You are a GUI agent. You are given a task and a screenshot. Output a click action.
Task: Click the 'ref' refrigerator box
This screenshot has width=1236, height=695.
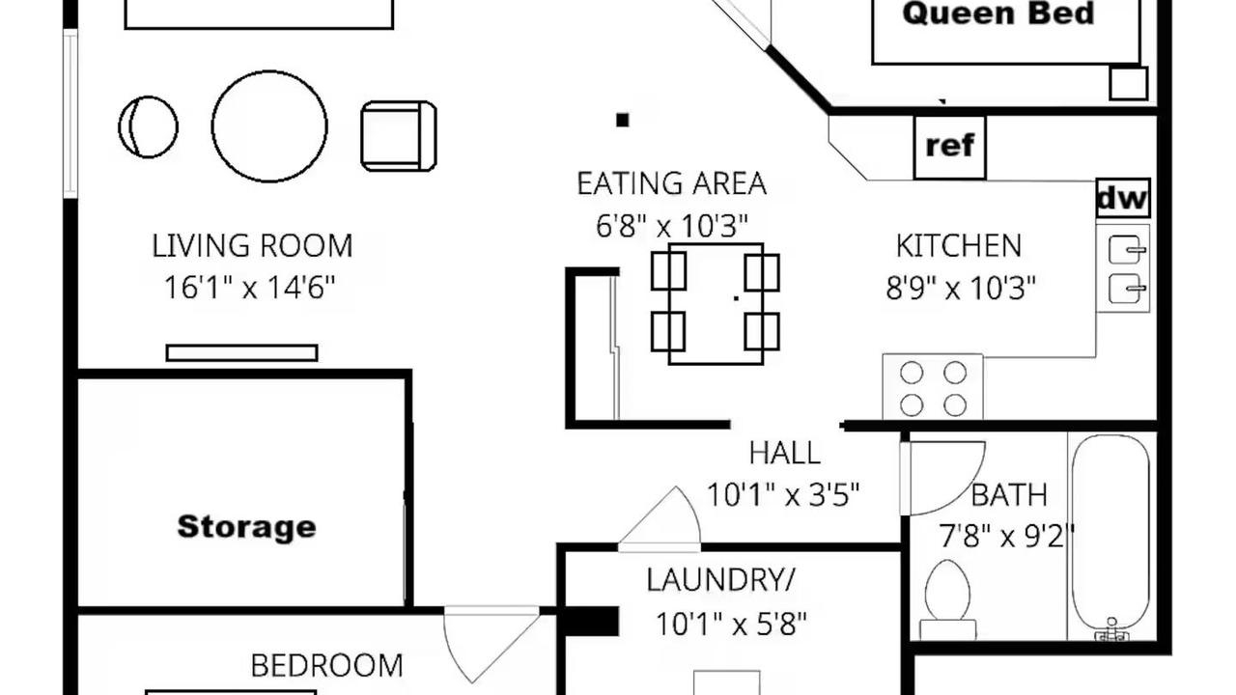(949, 148)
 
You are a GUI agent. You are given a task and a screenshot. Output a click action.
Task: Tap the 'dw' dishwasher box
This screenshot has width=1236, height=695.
(1123, 198)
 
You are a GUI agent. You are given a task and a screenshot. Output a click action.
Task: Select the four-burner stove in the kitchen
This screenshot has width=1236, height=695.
(933, 388)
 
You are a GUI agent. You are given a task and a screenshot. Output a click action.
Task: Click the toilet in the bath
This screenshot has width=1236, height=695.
(947, 600)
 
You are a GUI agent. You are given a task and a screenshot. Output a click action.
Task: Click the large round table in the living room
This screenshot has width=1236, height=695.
(269, 126)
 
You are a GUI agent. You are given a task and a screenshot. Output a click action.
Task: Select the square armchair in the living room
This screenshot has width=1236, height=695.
(399, 136)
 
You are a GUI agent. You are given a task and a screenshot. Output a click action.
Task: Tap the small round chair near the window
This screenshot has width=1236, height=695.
(148, 126)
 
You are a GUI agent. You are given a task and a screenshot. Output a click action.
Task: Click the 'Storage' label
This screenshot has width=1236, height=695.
(246, 527)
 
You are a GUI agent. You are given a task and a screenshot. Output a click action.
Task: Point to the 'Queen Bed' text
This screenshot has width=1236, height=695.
(998, 14)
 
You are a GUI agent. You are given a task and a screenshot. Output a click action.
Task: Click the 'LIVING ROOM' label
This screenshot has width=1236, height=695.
(252, 246)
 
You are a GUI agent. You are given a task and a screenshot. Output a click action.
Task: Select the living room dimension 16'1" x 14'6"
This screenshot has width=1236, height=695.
(250, 288)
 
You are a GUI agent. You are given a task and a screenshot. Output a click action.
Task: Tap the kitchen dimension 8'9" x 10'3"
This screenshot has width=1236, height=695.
(961, 288)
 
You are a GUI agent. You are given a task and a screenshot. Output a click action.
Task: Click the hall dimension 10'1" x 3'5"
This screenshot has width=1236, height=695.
(783, 495)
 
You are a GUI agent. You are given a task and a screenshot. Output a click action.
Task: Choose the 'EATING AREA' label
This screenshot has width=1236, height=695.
(671, 183)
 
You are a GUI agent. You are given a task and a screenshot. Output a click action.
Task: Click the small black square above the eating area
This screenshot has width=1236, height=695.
(623, 120)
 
